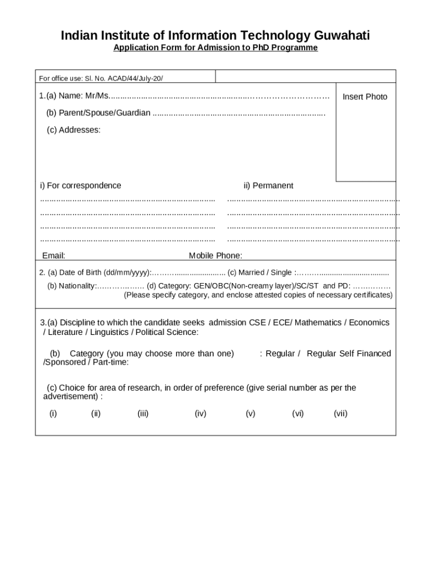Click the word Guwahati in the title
(342, 36)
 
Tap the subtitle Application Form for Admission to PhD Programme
(215, 48)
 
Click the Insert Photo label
(365, 97)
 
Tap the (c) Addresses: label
(73, 130)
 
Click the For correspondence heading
(83, 185)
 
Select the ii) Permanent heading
(268, 185)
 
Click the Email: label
(54, 255)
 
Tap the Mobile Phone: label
(215, 255)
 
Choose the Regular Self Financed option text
(349, 354)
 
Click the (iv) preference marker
(200, 413)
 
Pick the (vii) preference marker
(341, 413)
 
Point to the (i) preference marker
(53, 413)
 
